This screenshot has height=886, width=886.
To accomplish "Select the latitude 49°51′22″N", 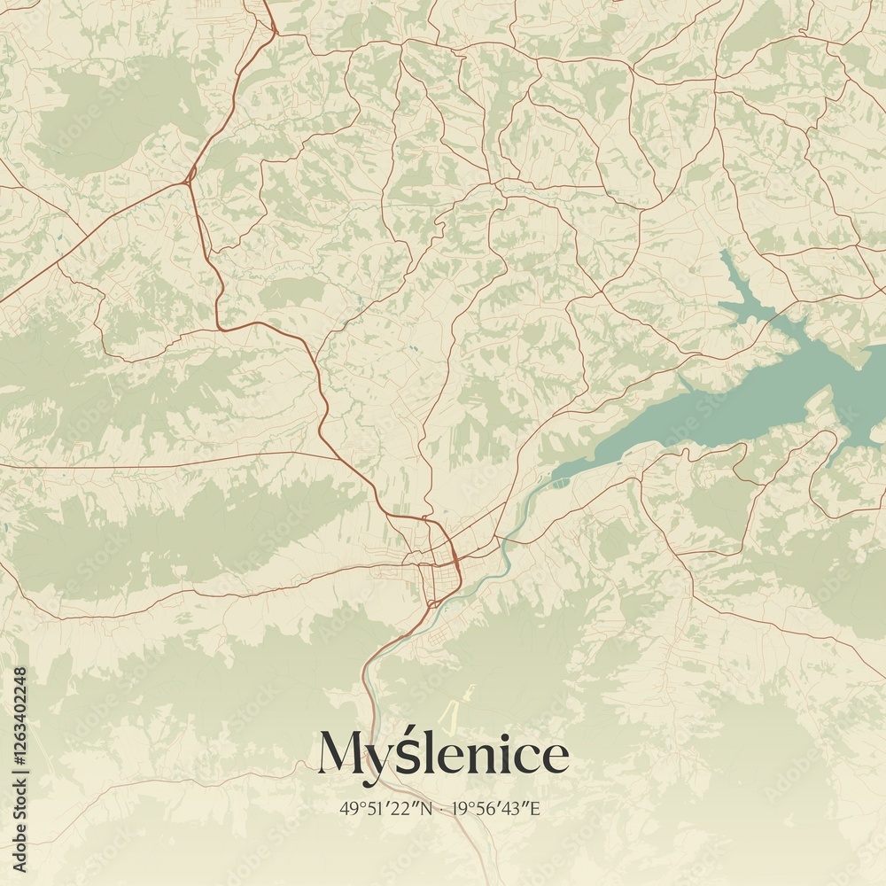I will [x=385, y=808].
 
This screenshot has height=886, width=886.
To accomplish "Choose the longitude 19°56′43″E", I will [x=496, y=808].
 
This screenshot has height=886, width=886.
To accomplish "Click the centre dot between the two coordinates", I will [x=441, y=808].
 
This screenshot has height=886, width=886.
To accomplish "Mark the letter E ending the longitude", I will [x=535, y=808].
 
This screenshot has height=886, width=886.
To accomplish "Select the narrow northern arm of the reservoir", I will [x=735, y=284].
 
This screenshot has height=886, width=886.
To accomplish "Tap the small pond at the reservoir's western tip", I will [x=560, y=484].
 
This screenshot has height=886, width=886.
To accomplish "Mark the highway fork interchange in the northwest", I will [x=188, y=180].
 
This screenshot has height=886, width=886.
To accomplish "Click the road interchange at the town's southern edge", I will [x=431, y=603].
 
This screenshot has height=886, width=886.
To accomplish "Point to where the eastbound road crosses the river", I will [x=504, y=540].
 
